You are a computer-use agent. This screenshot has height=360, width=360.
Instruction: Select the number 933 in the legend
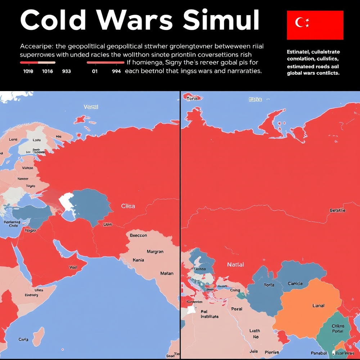pyautogui.click(x=66, y=71)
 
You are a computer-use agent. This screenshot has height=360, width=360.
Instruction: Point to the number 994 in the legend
pyautogui.click(x=116, y=71)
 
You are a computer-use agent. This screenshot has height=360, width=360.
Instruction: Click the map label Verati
pyautogui.click(x=91, y=107)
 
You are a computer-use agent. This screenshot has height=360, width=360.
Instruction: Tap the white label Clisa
pyautogui.click(x=128, y=206)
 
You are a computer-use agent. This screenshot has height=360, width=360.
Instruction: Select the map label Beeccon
pyautogui.click(x=138, y=235)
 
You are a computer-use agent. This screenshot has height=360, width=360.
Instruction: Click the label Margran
pyautogui.click(x=155, y=252)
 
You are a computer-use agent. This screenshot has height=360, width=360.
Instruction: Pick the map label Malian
pyautogui.click(x=167, y=273)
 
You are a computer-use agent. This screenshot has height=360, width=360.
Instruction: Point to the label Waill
pyautogui.click(x=73, y=267)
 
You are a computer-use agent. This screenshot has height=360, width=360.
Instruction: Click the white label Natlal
pyautogui.click(x=235, y=265)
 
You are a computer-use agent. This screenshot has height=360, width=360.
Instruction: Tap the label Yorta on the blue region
pyautogui.click(x=269, y=285)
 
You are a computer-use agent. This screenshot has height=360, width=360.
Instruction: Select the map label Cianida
pyautogui.click(x=295, y=284)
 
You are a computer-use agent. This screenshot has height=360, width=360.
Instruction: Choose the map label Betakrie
pyautogui.click(x=338, y=210)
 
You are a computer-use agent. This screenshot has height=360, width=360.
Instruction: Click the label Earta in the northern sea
pyautogui.click(x=255, y=99)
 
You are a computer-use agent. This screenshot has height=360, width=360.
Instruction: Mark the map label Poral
pyautogui.click(x=237, y=309)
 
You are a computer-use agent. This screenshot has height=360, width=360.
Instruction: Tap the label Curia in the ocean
pyautogui.click(x=23, y=339)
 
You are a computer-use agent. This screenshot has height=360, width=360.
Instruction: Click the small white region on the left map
pyautogui.click(x=66, y=202)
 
